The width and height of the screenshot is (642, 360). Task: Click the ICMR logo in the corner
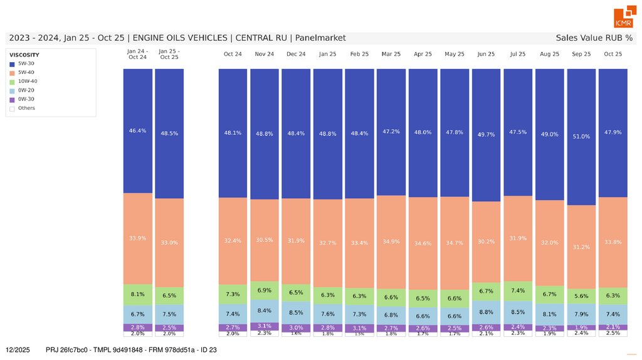[623, 18]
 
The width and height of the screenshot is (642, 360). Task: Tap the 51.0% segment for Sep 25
[581, 136]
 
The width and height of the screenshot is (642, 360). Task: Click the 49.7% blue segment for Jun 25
[486, 134]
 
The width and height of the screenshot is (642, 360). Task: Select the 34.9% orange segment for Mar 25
[391, 241]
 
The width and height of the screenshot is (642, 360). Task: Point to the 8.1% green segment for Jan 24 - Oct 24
[138, 294]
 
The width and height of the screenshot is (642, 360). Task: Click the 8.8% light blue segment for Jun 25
[486, 312]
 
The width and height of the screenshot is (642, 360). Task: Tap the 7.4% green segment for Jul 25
[518, 291]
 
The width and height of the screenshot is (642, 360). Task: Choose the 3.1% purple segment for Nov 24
[265, 326]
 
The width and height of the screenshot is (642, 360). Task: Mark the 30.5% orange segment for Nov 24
[265, 240]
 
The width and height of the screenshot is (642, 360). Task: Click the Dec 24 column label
[296, 55]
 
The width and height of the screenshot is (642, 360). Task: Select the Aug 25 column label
[550, 55]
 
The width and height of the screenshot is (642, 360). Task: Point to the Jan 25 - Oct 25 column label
[169, 54]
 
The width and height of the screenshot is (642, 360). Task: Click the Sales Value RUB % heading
[594, 38]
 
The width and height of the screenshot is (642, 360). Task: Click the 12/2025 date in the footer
[18, 350]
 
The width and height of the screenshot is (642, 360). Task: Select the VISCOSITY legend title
[24, 55]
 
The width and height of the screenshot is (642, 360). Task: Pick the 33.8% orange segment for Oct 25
[613, 241]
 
